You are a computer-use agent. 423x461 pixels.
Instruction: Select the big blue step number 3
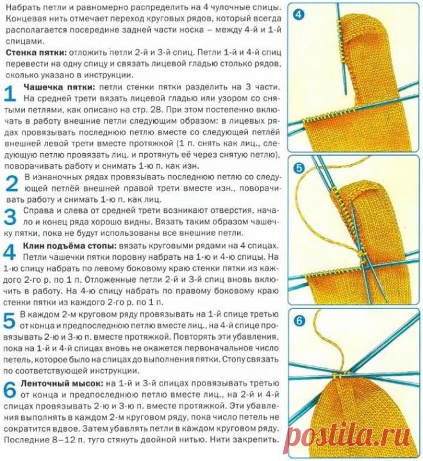(x=12, y=216)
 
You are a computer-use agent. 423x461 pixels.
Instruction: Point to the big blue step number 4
(x=12, y=252)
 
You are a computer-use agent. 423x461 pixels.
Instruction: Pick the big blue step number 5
(x=12, y=321)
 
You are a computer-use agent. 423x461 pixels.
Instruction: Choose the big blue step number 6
(x=12, y=390)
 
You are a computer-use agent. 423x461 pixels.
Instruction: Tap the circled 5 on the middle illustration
(x=299, y=169)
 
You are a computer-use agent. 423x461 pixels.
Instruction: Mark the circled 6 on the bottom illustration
(x=299, y=321)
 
